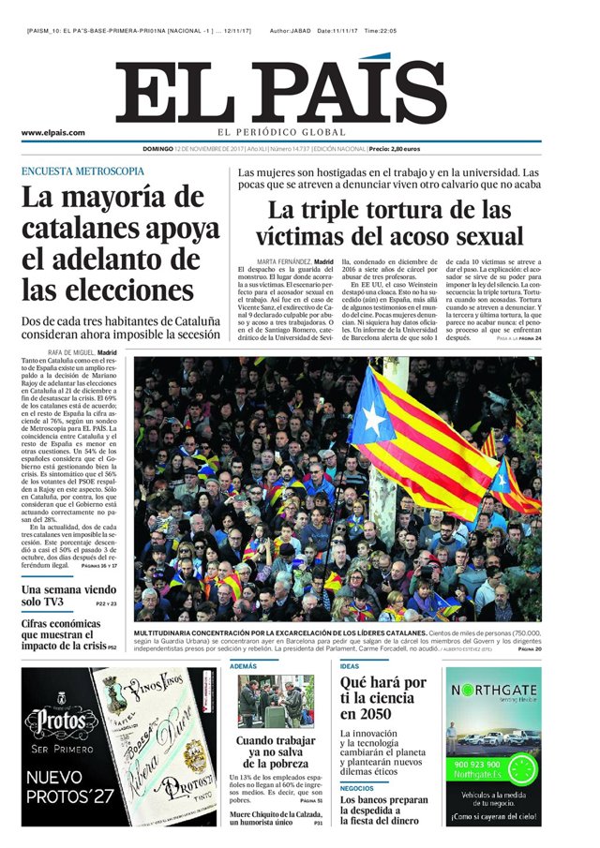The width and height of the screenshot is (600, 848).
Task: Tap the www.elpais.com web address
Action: (x=53, y=133)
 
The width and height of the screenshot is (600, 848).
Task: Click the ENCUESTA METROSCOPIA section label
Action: (x=82, y=171)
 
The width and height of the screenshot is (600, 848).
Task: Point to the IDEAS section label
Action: (x=349, y=666)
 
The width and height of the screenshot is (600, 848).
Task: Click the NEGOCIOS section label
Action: (x=357, y=788)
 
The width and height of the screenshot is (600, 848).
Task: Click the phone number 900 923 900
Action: (x=479, y=764)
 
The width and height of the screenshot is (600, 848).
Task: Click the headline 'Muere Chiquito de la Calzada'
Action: (x=277, y=814)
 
